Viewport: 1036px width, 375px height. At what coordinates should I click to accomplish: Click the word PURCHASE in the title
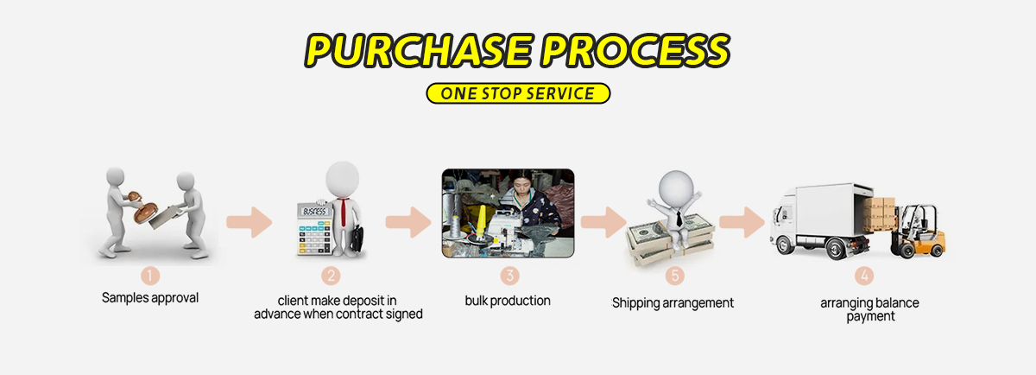pyautogui.click(x=419, y=50)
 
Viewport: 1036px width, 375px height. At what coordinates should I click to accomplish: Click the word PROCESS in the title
pyautogui.click(x=635, y=50)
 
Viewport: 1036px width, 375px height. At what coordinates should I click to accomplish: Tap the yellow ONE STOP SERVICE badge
pyautogui.click(x=518, y=93)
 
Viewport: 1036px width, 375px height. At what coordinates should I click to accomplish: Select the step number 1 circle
pyautogui.click(x=150, y=276)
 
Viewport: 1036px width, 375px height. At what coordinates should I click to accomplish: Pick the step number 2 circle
pyautogui.click(x=331, y=276)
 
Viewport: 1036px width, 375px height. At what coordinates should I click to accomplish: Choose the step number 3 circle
pyautogui.click(x=509, y=276)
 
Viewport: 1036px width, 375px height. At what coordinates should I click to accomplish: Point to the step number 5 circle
pyautogui.click(x=675, y=276)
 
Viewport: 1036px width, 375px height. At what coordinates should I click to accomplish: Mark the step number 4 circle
pyautogui.click(x=864, y=276)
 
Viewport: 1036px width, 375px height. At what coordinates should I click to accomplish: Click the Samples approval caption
pyautogui.click(x=150, y=298)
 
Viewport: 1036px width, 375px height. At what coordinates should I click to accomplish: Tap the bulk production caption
pyautogui.click(x=508, y=301)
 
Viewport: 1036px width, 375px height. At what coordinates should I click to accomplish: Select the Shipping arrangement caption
pyautogui.click(x=673, y=303)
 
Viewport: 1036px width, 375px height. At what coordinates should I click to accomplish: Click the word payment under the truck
pyautogui.click(x=870, y=316)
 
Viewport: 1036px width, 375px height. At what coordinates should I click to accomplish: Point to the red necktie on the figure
pyautogui.click(x=343, y=212)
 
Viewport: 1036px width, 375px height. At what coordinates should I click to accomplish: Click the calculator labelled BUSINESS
pyautogui.click(x=314, y=228)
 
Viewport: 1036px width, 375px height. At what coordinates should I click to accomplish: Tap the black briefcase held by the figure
pyautogui.click(x=357, y=238)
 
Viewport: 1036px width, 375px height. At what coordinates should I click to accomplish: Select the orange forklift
pyautogui.click(x=918, y=232)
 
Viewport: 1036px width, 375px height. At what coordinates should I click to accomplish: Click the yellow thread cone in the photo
pyautogui.click(x=481, y=222)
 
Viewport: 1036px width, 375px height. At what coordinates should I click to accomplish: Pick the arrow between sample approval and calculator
pyautogui.click(x=250, y=222)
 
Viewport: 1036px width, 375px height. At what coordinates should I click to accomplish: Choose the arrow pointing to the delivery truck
pyautogui.click(x=742, y=222)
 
